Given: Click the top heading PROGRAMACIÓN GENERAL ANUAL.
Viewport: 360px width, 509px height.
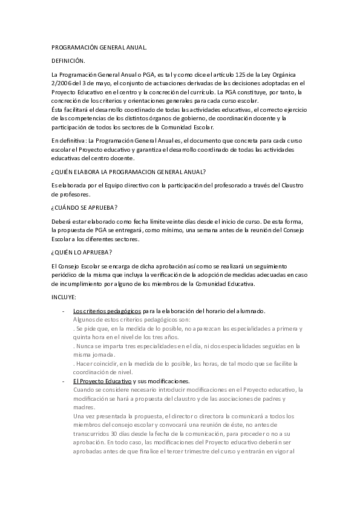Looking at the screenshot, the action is tap(99, 47).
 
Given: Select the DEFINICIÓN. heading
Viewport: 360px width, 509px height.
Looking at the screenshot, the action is tap(68, 60).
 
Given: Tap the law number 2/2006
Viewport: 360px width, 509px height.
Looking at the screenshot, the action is tap(63, 83).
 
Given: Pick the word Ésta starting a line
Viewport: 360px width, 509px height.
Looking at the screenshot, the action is tap(58, 109).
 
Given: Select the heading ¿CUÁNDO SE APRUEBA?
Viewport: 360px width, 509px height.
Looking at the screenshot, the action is tap(85, 207).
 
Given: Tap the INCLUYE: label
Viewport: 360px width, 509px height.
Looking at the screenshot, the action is tap(64, 297).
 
